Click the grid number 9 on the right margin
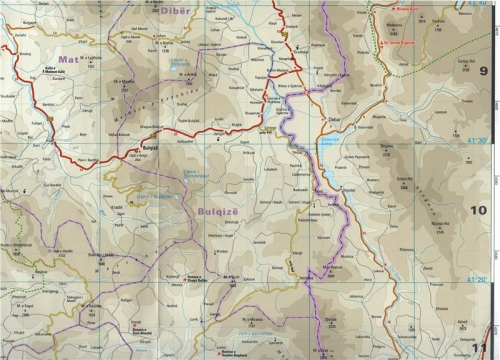point(483,71)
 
